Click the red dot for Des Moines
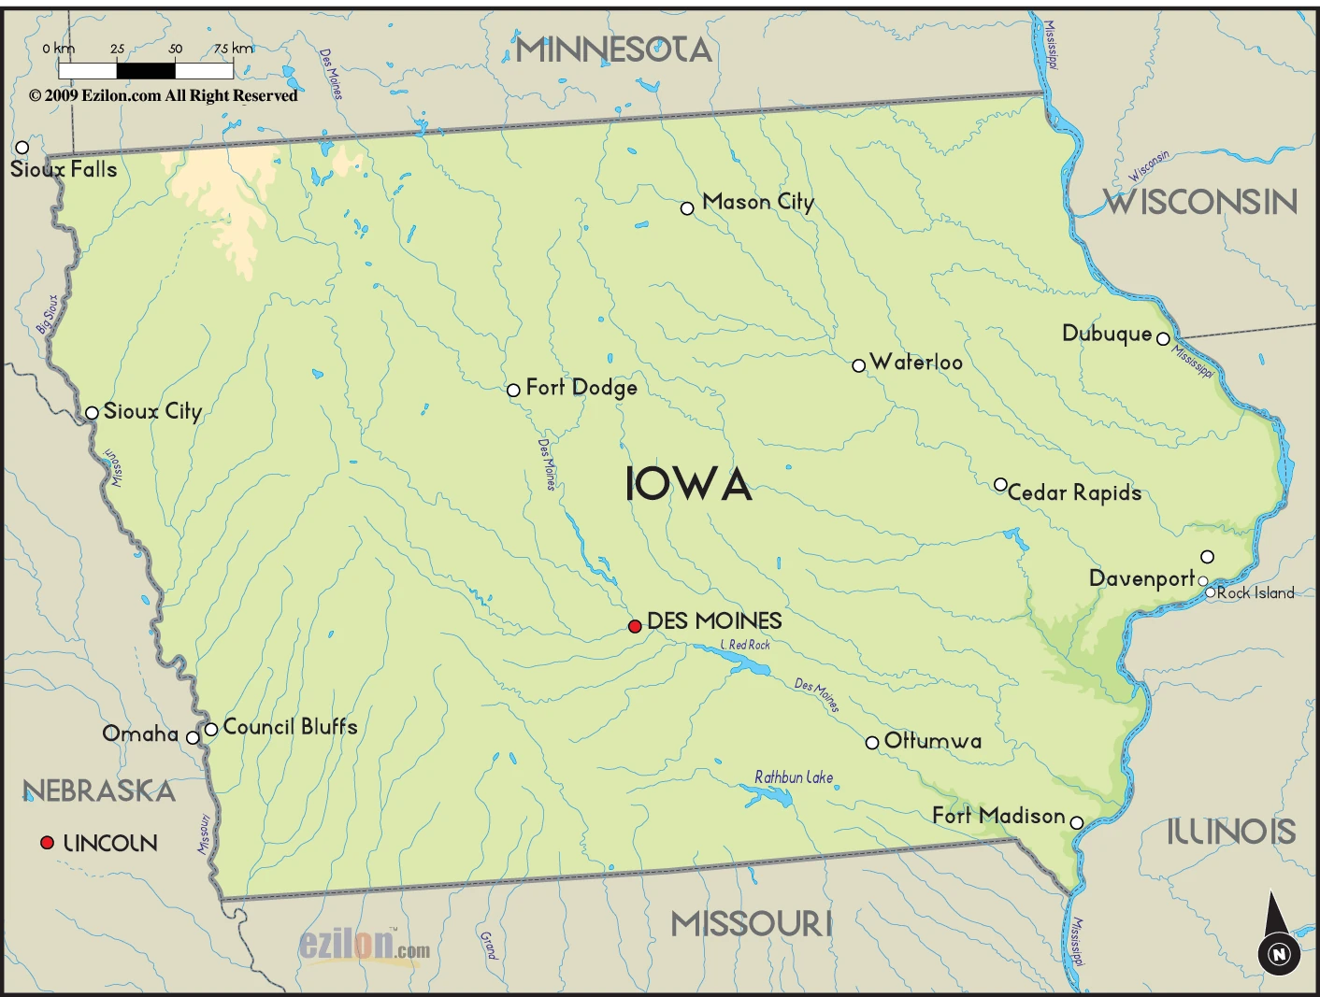[x=635, y=626]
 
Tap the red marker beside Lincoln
[x=47, y=842]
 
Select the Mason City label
[x=758, y=202]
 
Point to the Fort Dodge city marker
[x=513, y=390]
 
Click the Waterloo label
[x=916, y=363]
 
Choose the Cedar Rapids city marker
[x=1000, y=484]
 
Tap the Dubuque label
[x=1107, y=334]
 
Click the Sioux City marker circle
[x=92, y=413]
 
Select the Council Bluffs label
[x=290, y=726]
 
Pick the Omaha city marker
[x=193, y=737]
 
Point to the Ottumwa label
[x=933, y=741]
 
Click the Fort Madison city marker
[x=1076, y=822]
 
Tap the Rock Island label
[x=1255, y=592]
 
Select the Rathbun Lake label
[x=794, y=776]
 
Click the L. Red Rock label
[x=746, y=645]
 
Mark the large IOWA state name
[x=688, y=485]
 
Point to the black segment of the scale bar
[x=146, y=70]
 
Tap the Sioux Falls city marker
[x=22, y=147]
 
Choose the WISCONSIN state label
[x=1200, y=202]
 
